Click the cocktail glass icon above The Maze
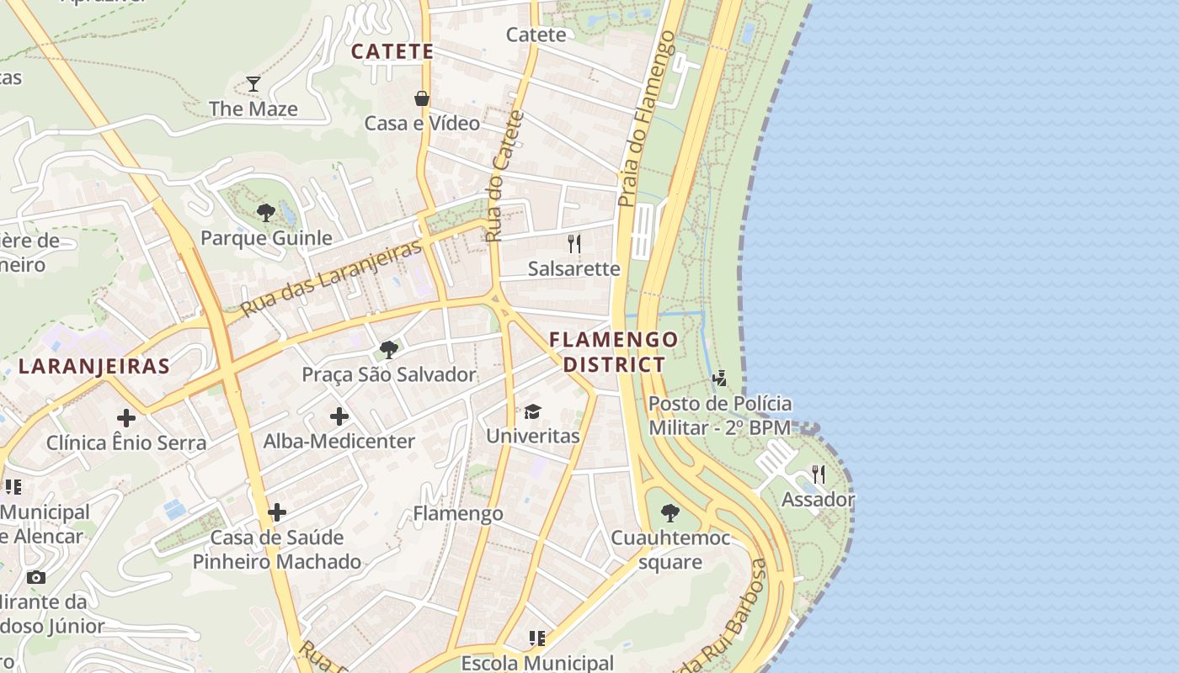click(253, 83)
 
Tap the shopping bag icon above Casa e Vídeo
click(422, 98)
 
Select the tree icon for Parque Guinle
click(266, 212)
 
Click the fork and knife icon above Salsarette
click(574, 244)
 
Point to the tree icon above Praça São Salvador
click(388, 349)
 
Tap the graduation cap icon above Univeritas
click(532, 411)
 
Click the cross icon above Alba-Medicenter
click(339, 416)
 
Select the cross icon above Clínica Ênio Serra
click(126, 417)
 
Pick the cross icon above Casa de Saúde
click(277, 511)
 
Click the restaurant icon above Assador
click(819, 474)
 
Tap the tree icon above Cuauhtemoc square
click(670, 512)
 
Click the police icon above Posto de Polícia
click(719, 379)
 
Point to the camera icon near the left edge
click(35, 577)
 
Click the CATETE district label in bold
click(392, 51)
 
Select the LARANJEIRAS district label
click(94, 366)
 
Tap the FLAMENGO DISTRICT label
click(613, 352)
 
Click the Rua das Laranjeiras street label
click(331, 278)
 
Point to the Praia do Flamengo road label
click(647, 119)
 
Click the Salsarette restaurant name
click(574, 269)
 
